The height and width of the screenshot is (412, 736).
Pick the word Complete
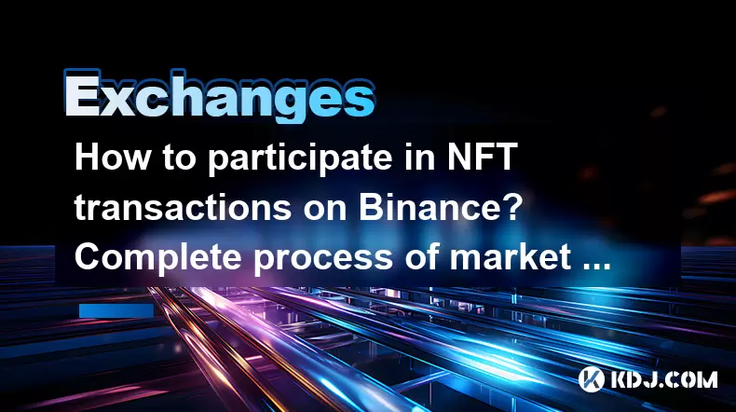(x=158, y=259)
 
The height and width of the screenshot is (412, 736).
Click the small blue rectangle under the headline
(x=116, y=310)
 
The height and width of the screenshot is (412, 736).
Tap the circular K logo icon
(x=591, y=379)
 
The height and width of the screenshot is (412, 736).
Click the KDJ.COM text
(x=663, y=379)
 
